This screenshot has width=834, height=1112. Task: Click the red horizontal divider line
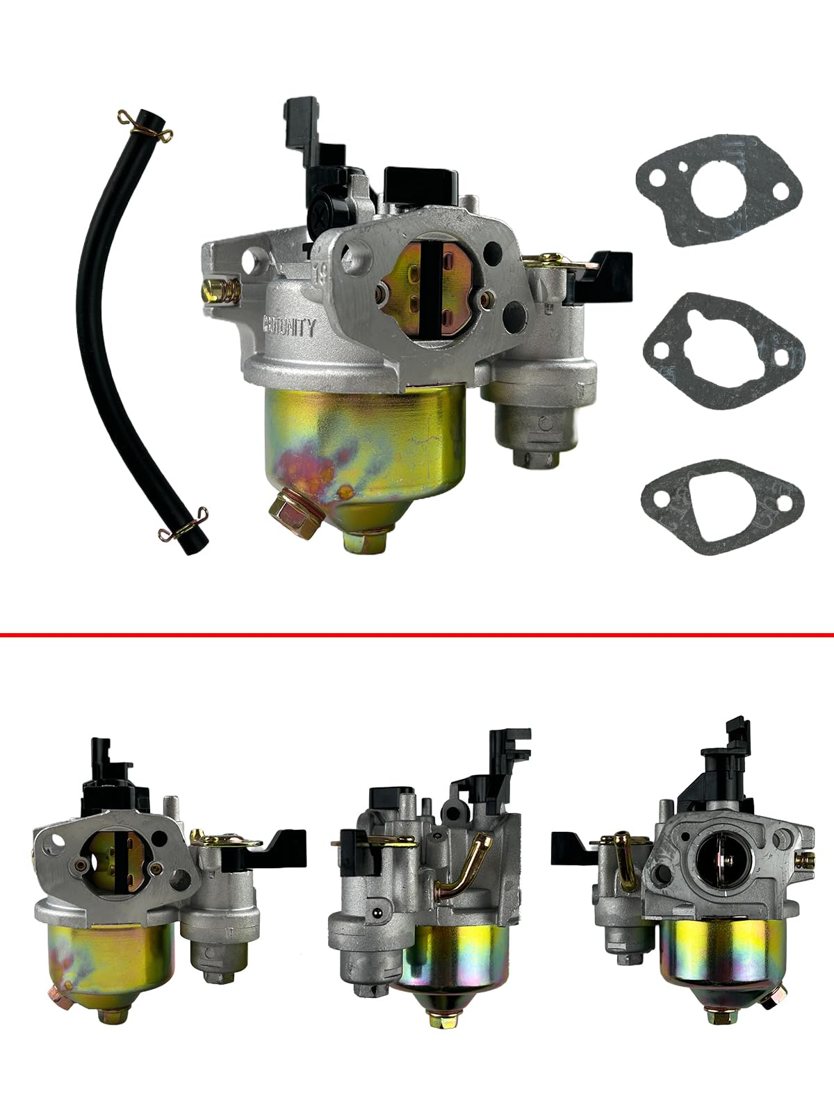(x=417, y=635)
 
